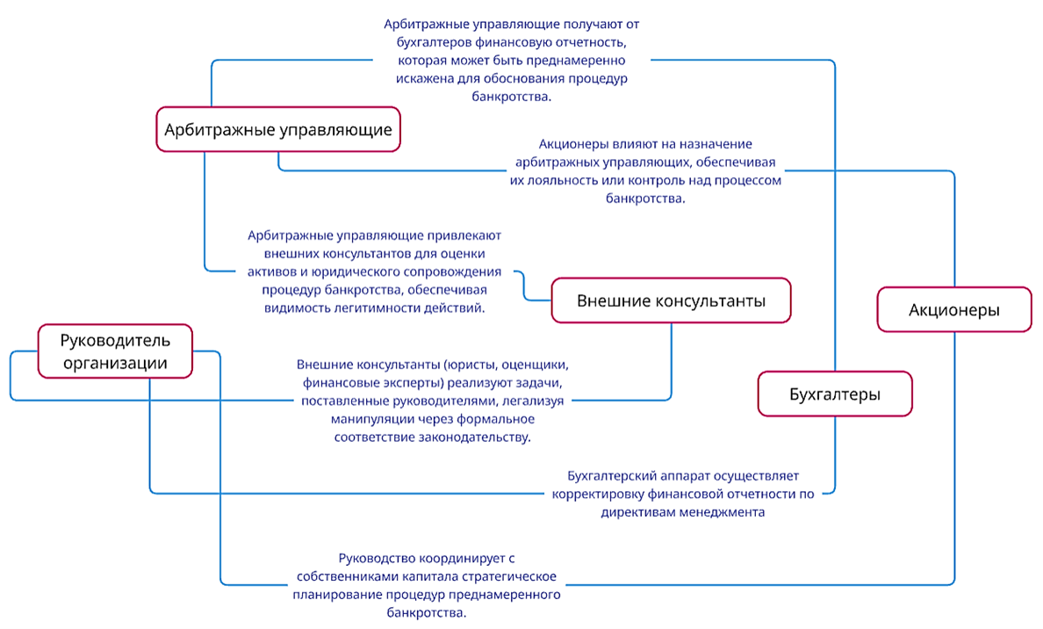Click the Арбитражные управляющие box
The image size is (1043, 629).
[277, 130]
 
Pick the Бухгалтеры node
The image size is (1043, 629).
[834, 394]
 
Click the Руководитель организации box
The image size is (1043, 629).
[115, 351]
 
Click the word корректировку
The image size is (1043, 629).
[597, 494]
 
